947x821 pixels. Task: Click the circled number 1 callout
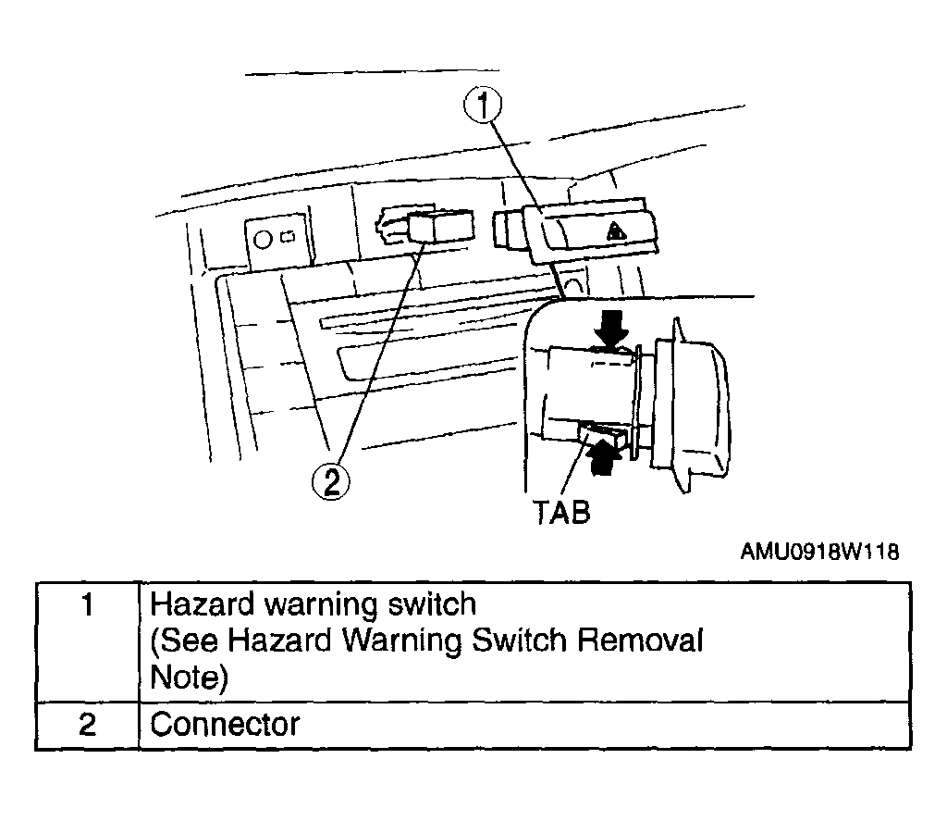coord(483,106)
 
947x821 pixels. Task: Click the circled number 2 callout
coord(330,482)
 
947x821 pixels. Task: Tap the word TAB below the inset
coord(561,512)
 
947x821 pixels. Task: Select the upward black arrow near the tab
coord(604,456)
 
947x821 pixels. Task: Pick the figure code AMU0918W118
coord(819,552)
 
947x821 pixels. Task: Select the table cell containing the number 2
coord(88,726)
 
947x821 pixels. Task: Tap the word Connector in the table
coord(225,724)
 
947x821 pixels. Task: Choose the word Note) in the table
coord(189,678)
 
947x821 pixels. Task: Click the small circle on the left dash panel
coord(264,240)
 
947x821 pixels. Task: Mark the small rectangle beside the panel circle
coord(289,237)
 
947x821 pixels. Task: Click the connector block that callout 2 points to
coord(440,227)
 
